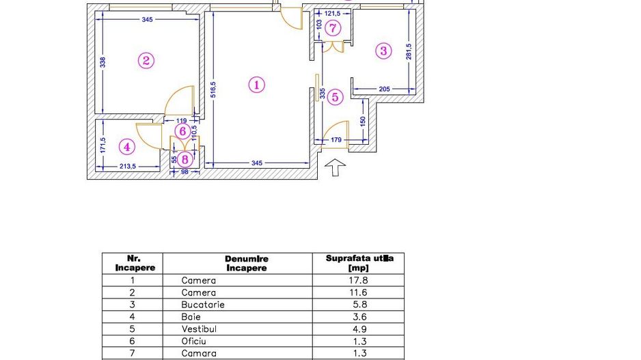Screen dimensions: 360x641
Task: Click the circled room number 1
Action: click(x=256, y=85)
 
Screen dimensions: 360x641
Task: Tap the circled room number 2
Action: click(x=146, y=60)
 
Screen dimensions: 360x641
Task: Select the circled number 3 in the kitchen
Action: click(x=383, y=50)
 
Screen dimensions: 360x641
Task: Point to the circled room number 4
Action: click(x=126, y=146)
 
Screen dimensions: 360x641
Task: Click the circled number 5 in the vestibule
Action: click(x=335, y=97)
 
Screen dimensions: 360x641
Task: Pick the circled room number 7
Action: click(x=333, y=28)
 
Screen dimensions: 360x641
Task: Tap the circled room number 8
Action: click(x=184, y=159)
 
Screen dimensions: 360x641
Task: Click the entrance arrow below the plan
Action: click(x=335, y=167)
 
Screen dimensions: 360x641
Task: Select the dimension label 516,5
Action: click(x=213, y=90)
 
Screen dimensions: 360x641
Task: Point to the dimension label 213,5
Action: click(x=128, y=166)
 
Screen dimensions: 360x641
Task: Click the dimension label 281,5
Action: click(x=409, y=52)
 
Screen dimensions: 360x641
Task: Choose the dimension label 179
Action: click(x=335, y=141)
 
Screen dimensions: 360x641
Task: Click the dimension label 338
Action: click(x=103, y=62)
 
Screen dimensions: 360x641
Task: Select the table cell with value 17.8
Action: click(x=357, y=280)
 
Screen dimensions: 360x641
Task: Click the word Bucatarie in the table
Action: click(x=203, y=305)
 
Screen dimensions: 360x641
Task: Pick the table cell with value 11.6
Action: click(x=357, y=292)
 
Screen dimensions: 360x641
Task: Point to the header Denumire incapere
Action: click(x=247, y=263)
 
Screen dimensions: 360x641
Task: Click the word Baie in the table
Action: click(x=191, y=317)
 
